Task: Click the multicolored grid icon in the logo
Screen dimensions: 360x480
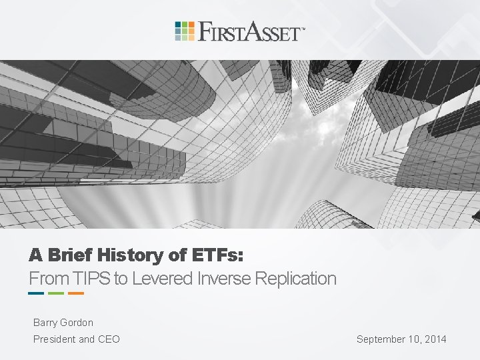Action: [x=185, y=31]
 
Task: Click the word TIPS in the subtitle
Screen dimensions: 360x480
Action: [x=93, y=278]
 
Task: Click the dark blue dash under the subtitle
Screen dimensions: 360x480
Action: [x=36, y=293]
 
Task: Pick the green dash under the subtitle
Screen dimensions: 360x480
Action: [x=56, y=293]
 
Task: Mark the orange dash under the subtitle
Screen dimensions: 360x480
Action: [x=76, y=293]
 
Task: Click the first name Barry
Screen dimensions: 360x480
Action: [x=46, y=323]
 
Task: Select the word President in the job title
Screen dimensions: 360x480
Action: [x=55, y=339]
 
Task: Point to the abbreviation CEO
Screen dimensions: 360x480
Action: [x=109, y=339]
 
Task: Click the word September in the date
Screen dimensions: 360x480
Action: [x=382, y=339]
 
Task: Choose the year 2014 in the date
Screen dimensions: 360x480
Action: [x=435, y=339]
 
